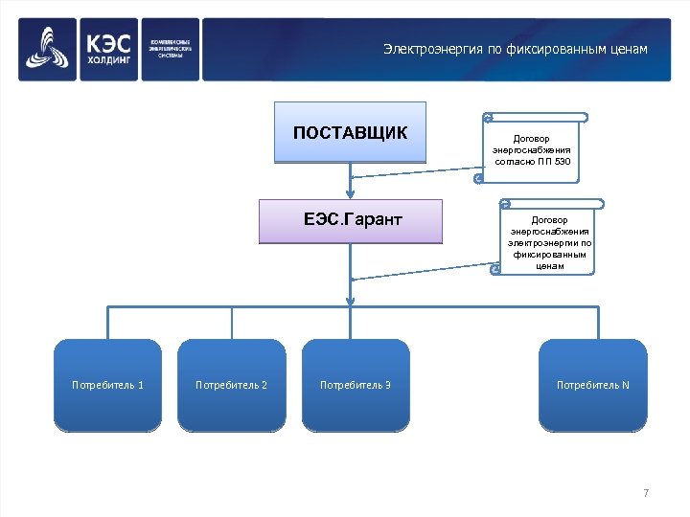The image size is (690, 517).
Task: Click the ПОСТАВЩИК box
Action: click(350, 132)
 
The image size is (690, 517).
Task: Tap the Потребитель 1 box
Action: click(107, 385)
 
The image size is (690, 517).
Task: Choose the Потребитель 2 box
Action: click(231, 385)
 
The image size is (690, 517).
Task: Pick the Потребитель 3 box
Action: click(355, 385)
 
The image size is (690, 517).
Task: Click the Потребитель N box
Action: click(592, 385)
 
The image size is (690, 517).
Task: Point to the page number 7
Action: click(646, 493)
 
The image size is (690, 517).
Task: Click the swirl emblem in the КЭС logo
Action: click(47, 50)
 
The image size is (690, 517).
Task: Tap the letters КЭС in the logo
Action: click(106, 42)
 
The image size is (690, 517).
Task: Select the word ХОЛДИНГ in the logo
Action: click(106, 60)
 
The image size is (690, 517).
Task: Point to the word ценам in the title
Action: click(628, 49)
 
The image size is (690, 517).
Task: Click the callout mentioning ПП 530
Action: click(532, 149)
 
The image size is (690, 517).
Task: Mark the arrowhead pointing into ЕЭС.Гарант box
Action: click(351, 193)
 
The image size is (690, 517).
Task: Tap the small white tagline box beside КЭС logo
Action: click(172, 50)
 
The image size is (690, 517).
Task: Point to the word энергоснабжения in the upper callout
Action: click(532, 150)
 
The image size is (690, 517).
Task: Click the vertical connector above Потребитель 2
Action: click(231, 323)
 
